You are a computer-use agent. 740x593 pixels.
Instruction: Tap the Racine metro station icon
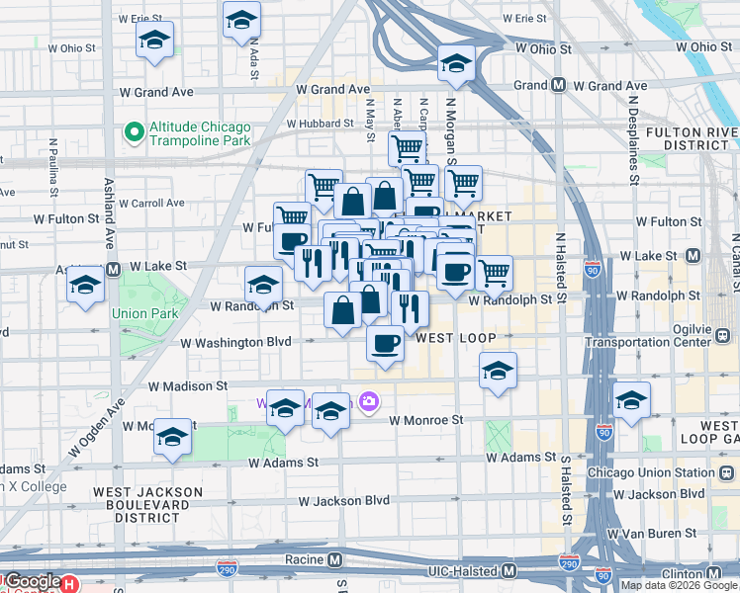pos(335,560)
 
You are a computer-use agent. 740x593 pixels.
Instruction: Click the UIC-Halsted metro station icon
pos(509,570)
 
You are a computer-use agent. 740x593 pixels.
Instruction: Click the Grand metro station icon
pos(558,86)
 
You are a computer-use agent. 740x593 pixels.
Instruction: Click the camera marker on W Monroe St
pos(369,401)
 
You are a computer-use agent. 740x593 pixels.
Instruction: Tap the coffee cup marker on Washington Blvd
pos(385,343)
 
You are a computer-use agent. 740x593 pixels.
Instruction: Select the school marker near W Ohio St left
pos(154,41)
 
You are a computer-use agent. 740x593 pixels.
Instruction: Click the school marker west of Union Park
pos(86,286)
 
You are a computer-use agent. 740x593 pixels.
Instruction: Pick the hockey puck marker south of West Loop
pos(499,372)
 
